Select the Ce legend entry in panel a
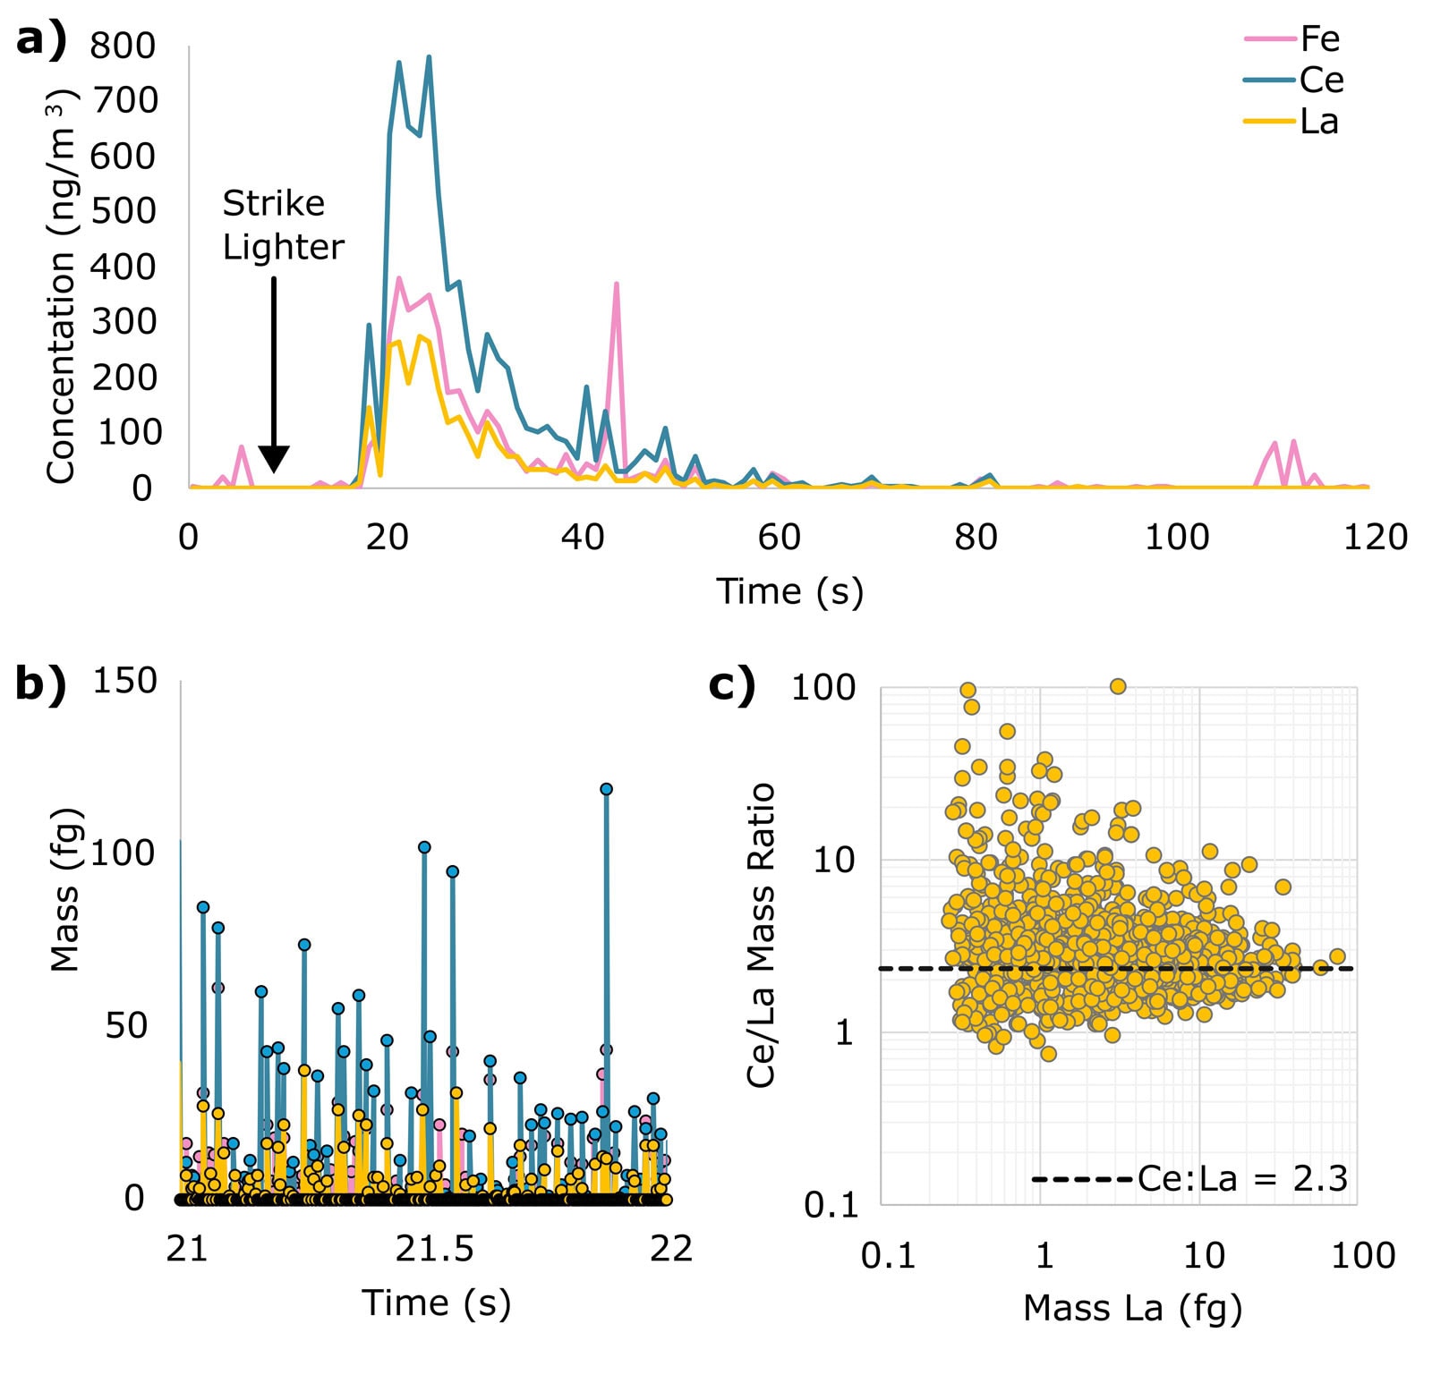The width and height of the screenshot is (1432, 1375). (x=1293, y=81)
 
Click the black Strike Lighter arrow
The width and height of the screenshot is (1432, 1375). (x=274, y=375)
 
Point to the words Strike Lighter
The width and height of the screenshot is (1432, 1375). (x=283, y=225)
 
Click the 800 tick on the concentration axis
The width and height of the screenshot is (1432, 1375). (x=123, y=46)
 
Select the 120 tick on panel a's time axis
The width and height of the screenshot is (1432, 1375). (x=1375, y=537)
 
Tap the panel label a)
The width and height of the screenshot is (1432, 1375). (x=41, y=41)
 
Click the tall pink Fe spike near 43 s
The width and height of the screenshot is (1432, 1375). (x=617, y=284)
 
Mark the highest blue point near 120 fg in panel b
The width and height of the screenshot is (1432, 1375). (x=606, y=789)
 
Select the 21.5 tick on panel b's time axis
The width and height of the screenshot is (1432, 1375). (x=434, y=1248)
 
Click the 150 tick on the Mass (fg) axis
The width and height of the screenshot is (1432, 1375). (x=124, y=681)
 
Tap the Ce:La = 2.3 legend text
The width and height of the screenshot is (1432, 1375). (x=1242, y=1179)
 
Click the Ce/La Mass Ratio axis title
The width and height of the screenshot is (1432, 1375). (x=760, y=935)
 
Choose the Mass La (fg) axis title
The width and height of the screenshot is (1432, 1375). (x=1132, y=1308)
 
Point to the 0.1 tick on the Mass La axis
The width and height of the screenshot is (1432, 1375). (x=888, y=1255)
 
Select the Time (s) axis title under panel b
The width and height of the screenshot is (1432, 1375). (x=436, y=1303)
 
